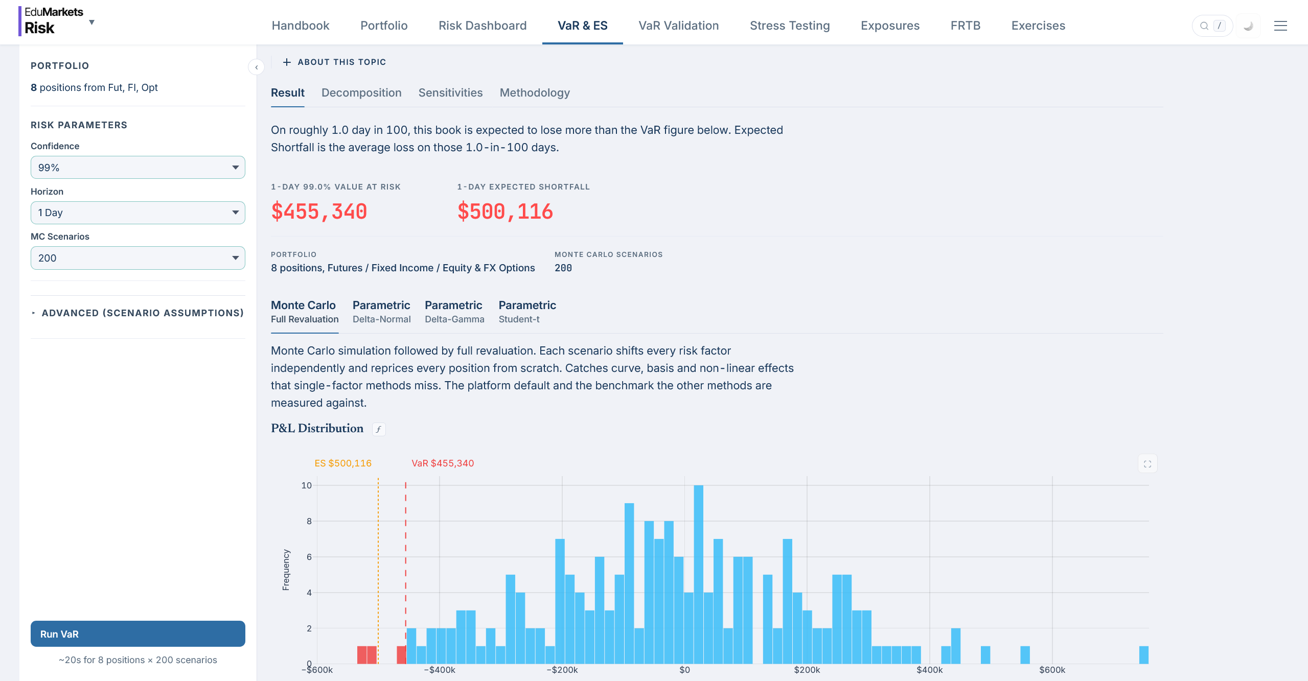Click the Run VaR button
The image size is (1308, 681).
pos(137,633)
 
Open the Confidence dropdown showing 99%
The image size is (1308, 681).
pos(137,168)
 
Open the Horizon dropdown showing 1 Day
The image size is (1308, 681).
pos(137,213)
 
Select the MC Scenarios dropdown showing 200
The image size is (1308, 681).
pos(137,258)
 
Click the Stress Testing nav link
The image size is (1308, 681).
pos(790,26)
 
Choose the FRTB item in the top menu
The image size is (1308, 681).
pos(966,26)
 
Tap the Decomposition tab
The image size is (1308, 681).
pos(361,92)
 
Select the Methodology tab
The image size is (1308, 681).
pos(535,92)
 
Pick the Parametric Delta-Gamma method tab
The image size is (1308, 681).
pos(454,312)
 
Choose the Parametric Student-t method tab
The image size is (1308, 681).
pos(527,312)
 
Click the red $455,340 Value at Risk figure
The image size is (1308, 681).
pos(319,212)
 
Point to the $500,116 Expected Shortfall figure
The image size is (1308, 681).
pos(505,212)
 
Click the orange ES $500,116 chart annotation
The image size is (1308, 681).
pos(343,463)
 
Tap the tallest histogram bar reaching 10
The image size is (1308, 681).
pos(699,574)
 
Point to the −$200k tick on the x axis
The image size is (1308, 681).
pos(562,670)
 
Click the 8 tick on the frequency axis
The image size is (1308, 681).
pos(309,521)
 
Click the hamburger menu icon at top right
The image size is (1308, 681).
pos(1280,26)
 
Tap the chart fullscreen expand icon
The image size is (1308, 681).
pos(1148,464)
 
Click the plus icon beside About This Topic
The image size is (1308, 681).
pos(287,62)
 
